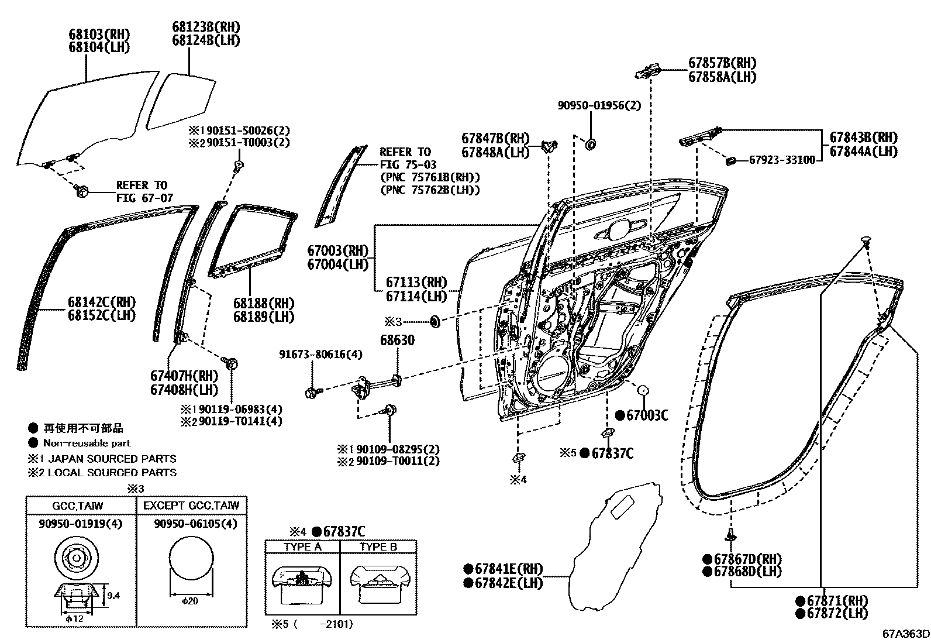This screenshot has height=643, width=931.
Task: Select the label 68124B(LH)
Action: click(x=198, y=40)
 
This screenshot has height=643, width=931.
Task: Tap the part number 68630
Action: click(x=397, y=341)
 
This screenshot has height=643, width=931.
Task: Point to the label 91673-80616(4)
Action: click(x=320, y=355)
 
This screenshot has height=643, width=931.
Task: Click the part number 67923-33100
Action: click(x=782, y=160)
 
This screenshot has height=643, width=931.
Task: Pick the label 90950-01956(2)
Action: click(x=599, y=106)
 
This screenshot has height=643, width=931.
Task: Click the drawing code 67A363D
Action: click(x=906, y=634)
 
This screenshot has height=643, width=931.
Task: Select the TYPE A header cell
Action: click(x=303, y=547)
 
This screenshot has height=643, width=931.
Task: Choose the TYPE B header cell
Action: click(x=378, y=547)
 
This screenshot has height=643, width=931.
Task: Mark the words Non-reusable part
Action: click(x=87, y=443)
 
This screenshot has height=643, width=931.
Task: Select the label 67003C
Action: click(x=647, y=415)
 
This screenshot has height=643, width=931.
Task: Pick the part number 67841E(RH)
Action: click(x=508, y=569)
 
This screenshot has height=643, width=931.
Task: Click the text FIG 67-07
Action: click(x=144, y=198)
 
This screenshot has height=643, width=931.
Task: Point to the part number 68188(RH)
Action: click(x=263, y=304)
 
